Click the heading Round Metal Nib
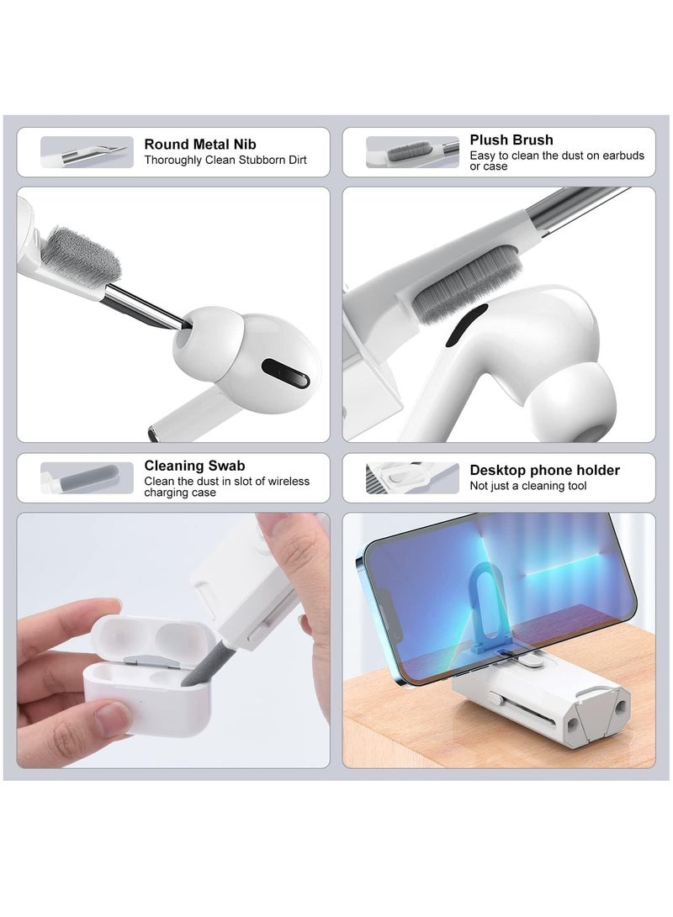pyautogui.click(x=200, y=144)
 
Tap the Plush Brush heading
pyautogui.click(x=511, y=140)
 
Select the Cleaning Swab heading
pyautogui.click(x=195, y=466)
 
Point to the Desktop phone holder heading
pyautogui.click(x=544, y=471)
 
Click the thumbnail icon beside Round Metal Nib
pyautogui.click(x=87, y=152)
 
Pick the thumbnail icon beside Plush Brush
pyautogui.click(x=412, y=152)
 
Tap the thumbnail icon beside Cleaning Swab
pyautogui.click(x=87, y=477)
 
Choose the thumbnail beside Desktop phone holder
pyautogui.click(x=412, y=477)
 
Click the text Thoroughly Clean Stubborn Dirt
pyautogui.click(x=225, y=160)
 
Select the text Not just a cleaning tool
pyautogui.click(x=528, y=486)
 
